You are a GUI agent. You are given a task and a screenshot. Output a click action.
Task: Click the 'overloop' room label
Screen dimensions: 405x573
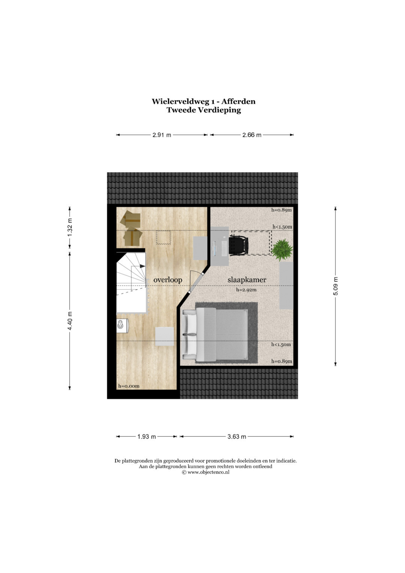click(168, 280)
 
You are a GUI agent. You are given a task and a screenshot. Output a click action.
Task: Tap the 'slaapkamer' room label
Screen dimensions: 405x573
click(247, 280)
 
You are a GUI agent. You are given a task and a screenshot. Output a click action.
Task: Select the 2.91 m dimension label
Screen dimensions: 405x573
click(162, 135)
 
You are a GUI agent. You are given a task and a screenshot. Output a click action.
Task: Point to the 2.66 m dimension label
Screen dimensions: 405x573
click(252, 135)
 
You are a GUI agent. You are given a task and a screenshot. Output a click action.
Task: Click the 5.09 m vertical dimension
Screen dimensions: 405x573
click(336, 286)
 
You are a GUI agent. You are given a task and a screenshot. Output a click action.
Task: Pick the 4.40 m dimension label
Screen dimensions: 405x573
click(70, 320)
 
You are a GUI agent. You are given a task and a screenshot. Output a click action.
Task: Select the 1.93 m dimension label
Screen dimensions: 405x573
click(147, 437)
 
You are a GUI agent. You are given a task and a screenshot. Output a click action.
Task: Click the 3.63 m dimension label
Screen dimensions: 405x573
click(237, 437)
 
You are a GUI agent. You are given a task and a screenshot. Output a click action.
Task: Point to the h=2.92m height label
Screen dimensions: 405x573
click(246, 290)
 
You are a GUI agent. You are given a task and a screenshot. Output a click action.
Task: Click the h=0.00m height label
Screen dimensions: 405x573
click(129, 386)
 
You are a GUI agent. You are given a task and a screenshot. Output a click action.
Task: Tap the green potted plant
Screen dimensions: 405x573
click(282, 250)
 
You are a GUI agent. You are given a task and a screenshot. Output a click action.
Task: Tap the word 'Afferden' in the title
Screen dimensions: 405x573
click(238, 102)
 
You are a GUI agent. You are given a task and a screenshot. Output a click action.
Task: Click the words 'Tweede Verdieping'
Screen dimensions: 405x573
click(204, 110)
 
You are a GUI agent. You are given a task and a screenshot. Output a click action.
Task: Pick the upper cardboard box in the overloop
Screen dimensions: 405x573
click(130, 219)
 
